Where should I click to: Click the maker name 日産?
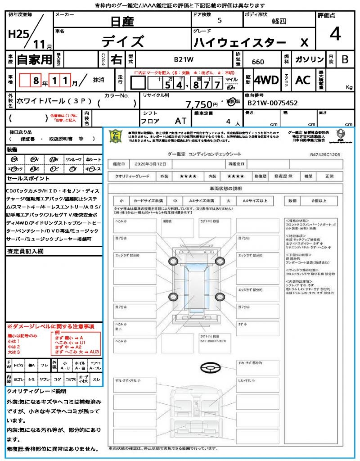(x=122, y=21)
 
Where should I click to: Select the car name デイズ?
(x=122, y=41)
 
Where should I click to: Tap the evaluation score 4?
(x=335, y=34)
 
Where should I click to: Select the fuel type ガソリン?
(x=308, y=59)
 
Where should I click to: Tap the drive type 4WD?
(x=266, y=80)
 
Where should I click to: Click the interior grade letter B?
(x=345, y=59)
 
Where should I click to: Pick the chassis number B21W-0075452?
(x=273, y=103)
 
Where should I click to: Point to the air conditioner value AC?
(x=303, y=80)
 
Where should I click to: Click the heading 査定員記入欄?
(x=25, y=251)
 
